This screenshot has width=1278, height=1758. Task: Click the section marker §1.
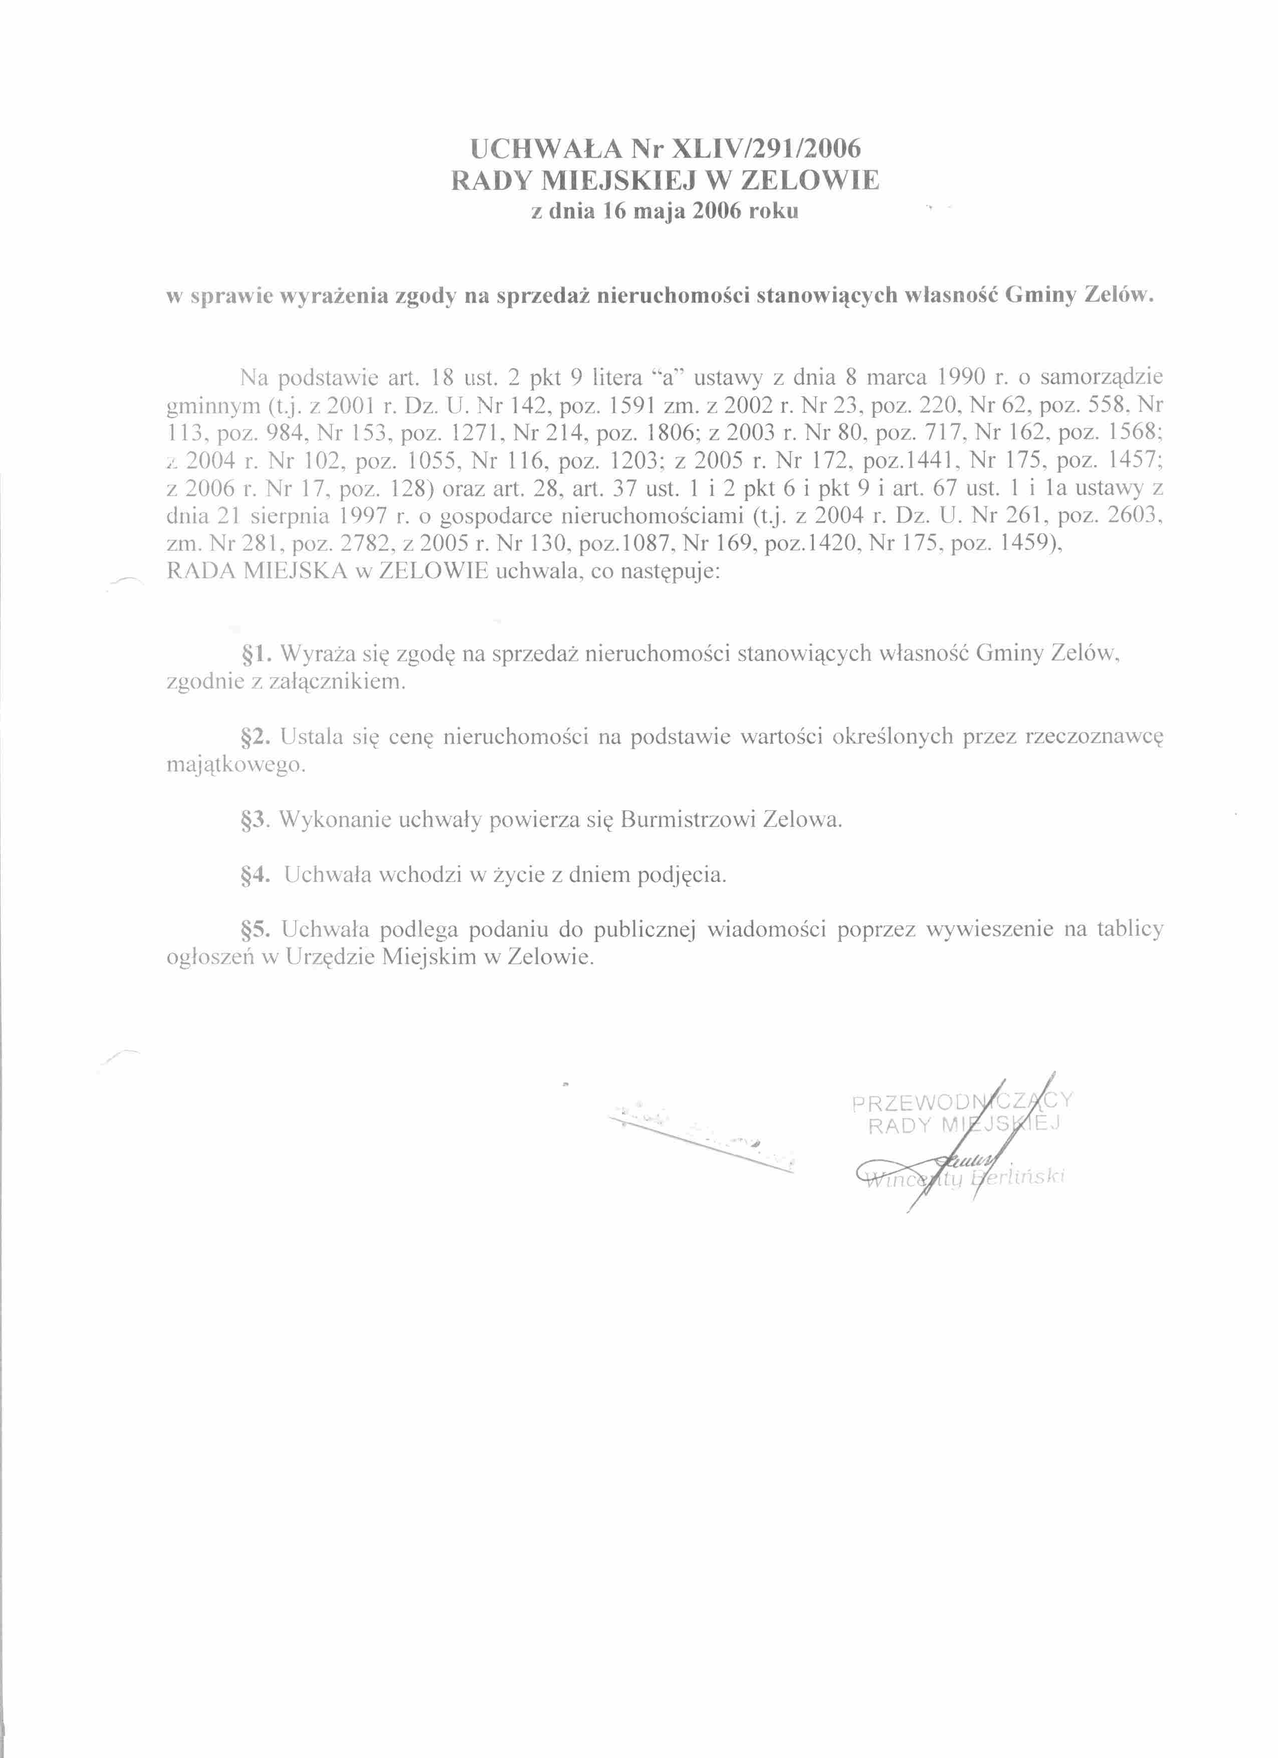256,654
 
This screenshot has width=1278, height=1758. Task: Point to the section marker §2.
256,736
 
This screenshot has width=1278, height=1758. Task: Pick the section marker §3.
256,820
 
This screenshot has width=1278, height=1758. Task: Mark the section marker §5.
256,929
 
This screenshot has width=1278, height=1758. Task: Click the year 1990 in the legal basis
961,378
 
